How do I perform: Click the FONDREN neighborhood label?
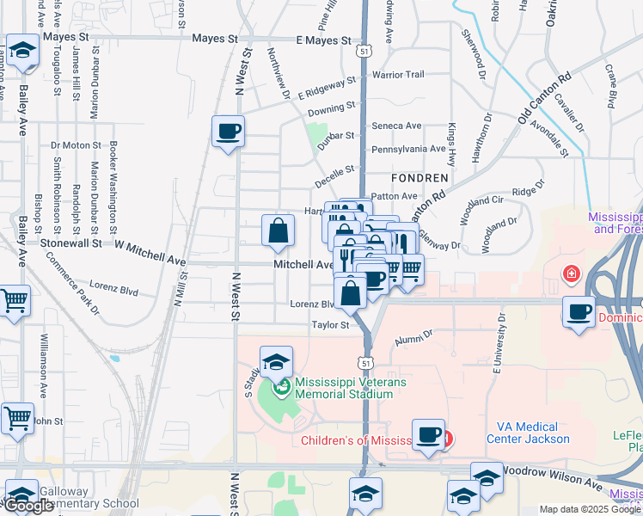point(419,178)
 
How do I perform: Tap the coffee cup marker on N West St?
point(228,132)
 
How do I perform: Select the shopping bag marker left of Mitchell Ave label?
point(279,230)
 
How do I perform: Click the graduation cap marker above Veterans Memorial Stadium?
point(277,362)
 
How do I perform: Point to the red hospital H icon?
point(570,274)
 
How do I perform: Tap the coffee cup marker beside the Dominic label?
point(580,310)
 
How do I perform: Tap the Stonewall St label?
point(72,243)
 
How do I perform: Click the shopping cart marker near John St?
point(16,418)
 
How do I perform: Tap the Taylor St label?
point(330,325)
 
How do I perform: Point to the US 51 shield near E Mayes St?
point(366,52)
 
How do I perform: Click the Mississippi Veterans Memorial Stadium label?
point(344,388)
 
